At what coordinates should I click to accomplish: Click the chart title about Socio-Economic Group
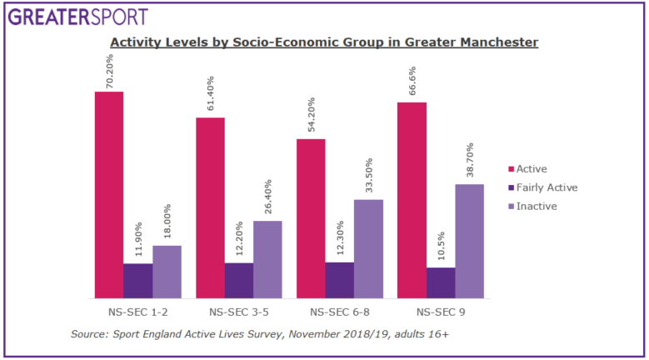click(x=324, y=42)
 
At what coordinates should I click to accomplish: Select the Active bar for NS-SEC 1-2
click(x=108, y=195)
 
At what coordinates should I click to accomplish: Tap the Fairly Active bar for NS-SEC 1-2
click(x=137, y=281)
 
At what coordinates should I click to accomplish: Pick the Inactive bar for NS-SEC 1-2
click(x=167, y=272)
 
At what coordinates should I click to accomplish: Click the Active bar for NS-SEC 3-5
click(x=210, y=207)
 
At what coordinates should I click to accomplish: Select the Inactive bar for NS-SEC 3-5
click(x=267, y=259)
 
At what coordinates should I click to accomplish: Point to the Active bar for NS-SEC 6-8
click(x=311, y=218)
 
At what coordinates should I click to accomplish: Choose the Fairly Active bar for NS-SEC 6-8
click(x=340, y=280)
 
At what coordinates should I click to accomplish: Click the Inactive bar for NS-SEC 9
click(x=470, y=241)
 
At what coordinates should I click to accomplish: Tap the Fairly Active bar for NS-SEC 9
click(x=441, y=282)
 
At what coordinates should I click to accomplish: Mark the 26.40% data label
click(x=267, y=197)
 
